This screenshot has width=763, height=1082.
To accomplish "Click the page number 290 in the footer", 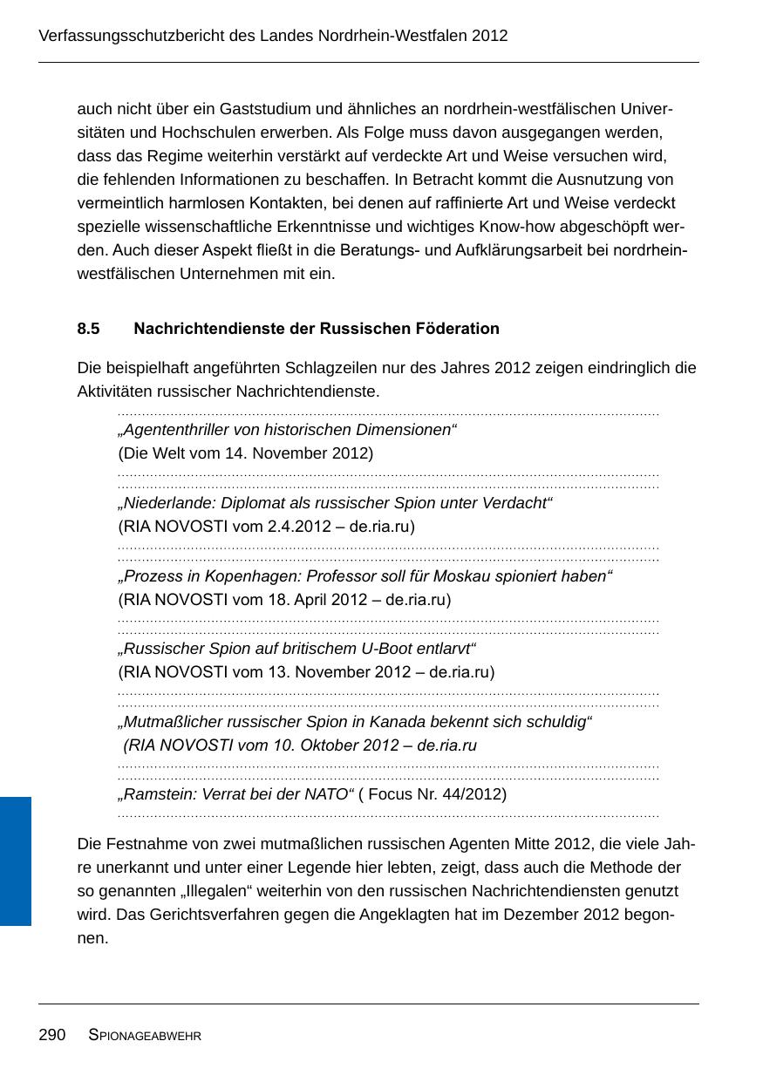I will (x=52, y=1035).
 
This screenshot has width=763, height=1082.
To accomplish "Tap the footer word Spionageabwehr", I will (x=145, y=1036).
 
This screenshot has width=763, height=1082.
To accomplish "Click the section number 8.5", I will (x=88, y=329).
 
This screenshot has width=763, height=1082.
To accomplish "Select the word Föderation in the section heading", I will (x=460, y=329).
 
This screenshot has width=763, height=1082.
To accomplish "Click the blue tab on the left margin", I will (x=16, y=860).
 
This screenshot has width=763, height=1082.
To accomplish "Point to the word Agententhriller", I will (x=175, y=430).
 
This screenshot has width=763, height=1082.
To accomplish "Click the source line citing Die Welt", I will (x=246, y=453).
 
